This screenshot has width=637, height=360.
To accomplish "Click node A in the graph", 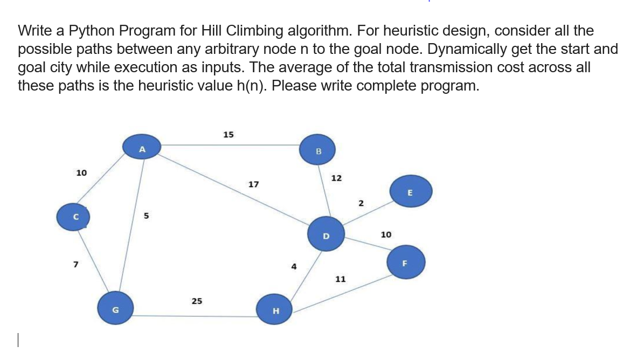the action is coord(142,148).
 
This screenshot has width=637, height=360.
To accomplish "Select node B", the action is coord(318,150).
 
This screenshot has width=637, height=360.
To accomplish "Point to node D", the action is coord(326,235).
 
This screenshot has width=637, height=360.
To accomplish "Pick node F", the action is coord(407,263).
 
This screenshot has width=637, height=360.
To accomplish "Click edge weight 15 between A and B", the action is coord(228,134).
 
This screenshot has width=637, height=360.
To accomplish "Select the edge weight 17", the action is coord(253,184).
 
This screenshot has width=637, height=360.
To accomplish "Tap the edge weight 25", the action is coord(197,301).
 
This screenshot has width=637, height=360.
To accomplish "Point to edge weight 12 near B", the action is coord(336,177).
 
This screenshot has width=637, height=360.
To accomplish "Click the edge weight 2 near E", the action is coord(361,203).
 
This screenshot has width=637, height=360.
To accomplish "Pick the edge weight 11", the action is coord(340,279).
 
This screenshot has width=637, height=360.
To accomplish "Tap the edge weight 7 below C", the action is coord(76,265).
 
